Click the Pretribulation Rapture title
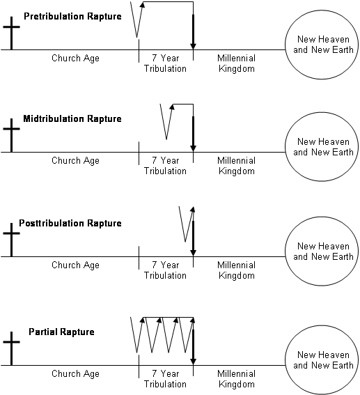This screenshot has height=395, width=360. (x=72, y=15)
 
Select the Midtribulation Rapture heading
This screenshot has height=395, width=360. (x=72, y=118)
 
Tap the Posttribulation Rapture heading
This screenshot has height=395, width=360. (x=72, y=223)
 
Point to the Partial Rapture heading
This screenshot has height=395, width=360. (x=61, y=332)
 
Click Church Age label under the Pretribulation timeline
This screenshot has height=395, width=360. (x=75, y=59)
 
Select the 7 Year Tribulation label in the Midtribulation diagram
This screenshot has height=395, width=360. (x=165, y=166)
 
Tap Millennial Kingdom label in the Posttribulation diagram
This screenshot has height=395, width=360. (x=236, y=270)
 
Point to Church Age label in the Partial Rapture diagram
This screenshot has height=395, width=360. (x=75, y=374)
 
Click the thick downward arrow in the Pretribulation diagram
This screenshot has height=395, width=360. (x=193, y=31)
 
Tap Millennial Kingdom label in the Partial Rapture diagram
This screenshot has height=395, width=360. (x=236, y=379)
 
